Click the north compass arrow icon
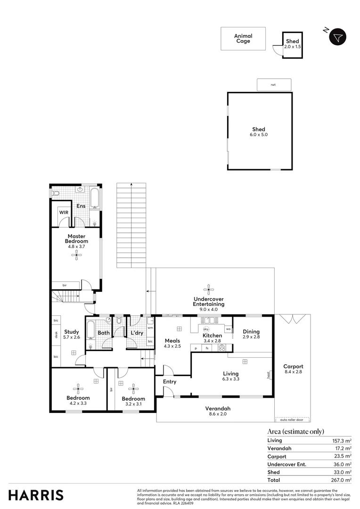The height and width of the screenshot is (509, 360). click(338, 37)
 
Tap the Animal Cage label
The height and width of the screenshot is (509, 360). click(243, 39)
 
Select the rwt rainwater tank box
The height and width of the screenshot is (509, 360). click(274, 85)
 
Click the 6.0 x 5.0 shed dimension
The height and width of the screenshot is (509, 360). click(259, 135)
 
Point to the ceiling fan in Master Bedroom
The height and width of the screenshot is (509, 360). click(76, 255)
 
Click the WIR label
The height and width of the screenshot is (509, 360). click(64, 213)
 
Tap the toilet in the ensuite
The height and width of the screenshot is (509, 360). click(55, 194)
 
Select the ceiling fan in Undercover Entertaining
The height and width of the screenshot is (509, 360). click(208, 289)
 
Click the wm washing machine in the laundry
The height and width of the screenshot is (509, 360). click(150, 328)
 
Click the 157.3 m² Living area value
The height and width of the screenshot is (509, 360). click(342, 441)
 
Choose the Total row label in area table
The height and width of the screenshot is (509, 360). click(274, 480)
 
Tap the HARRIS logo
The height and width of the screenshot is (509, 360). click(36, 495)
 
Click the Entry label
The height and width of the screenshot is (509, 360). click(169, 382)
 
